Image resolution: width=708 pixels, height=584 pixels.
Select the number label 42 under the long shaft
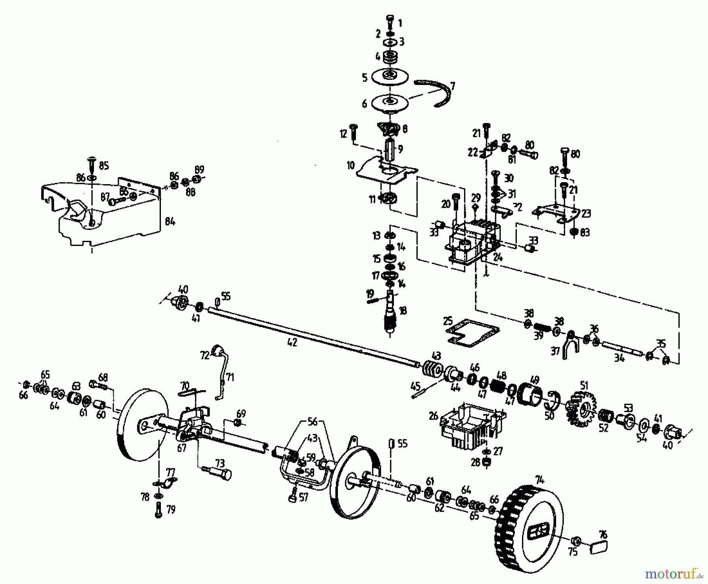click(292, 342)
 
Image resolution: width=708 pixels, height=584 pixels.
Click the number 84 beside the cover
click(170, 222)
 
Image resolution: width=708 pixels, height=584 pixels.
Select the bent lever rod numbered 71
click(221, 374)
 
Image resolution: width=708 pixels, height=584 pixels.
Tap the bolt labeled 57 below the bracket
click(292, 497)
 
